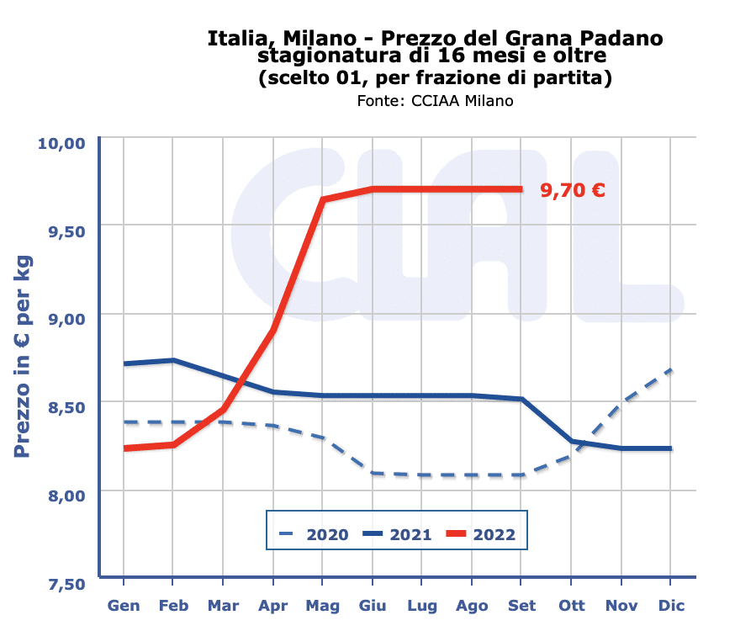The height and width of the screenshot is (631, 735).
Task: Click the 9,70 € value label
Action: [572, 190]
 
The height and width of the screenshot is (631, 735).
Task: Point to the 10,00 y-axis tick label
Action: [62, 141]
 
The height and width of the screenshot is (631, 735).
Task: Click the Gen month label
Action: [124, 606]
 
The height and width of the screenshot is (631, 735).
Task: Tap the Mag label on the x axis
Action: [323, 606]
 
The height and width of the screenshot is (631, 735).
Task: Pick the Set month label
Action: [522, 606]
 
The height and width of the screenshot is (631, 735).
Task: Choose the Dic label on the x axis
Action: [672, 606]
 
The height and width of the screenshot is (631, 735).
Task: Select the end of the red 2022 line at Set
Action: [522, 188]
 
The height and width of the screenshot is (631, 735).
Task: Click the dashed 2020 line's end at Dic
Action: [671, 369]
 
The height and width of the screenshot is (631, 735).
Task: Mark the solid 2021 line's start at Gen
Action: [124, 363]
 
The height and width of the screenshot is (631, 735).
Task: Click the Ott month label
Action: [572, 606]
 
